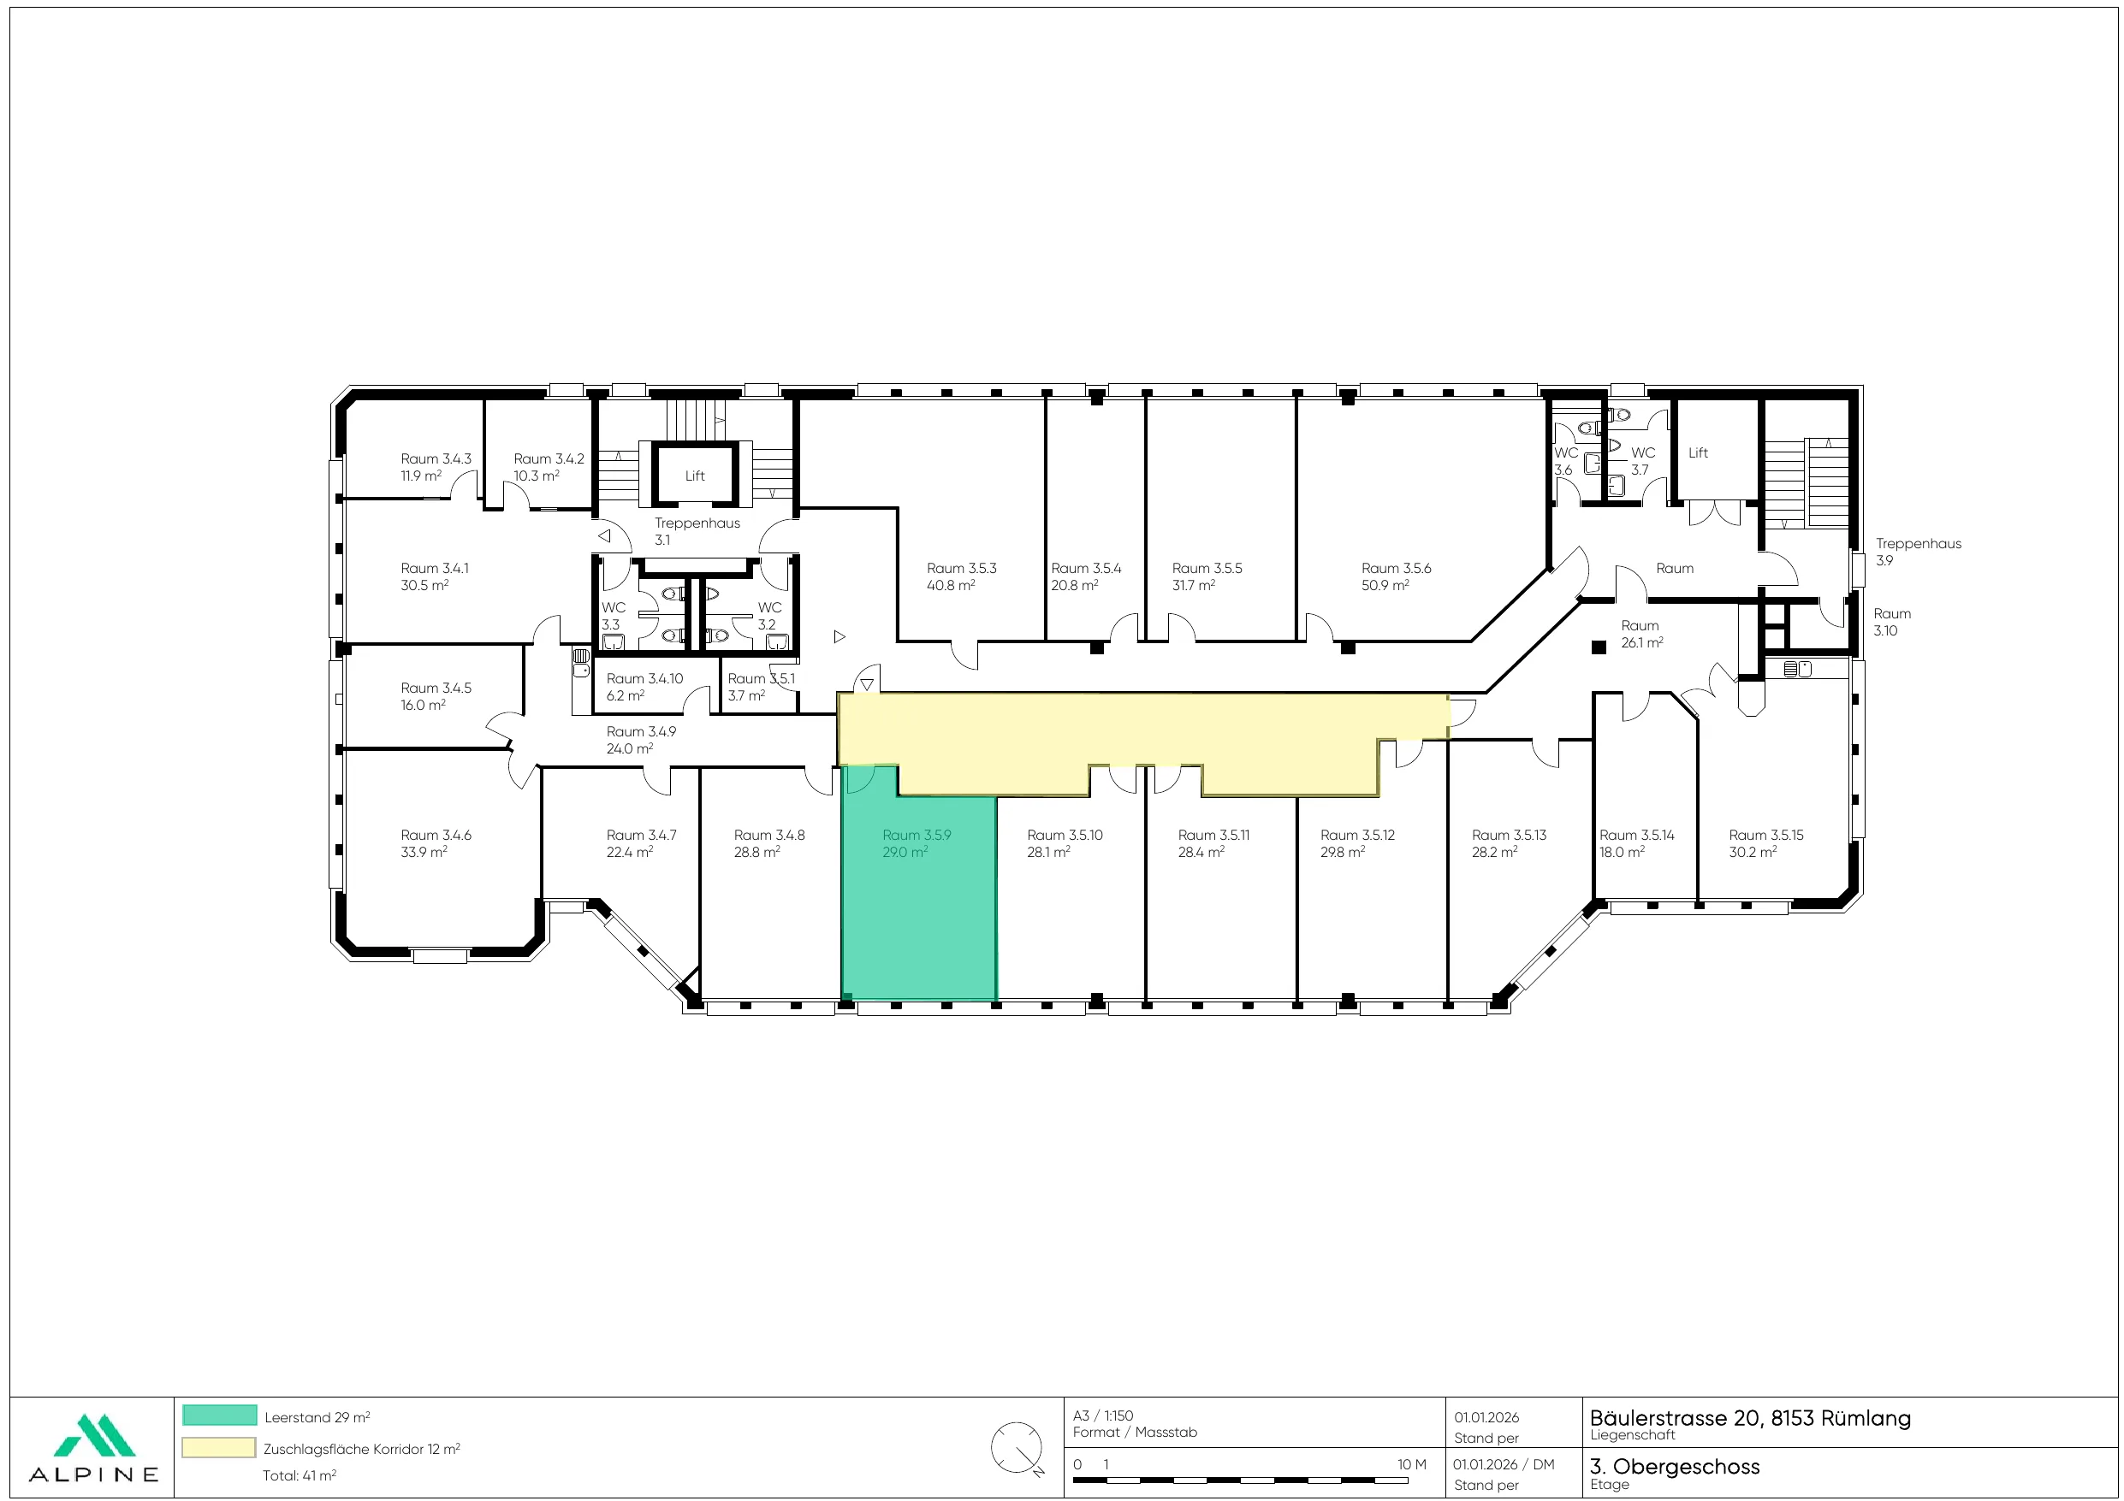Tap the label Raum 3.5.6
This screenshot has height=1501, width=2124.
tap(1396, 568)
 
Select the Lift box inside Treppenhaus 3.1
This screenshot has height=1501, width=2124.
tap(695, 476)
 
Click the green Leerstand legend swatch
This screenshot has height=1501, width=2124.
tap(219, 1415)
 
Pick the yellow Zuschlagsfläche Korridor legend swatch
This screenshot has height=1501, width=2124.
tap(219, 1447)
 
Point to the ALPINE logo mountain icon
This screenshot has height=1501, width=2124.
tap(94, 1434)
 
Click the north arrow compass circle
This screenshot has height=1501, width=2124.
tap(1017, 1447)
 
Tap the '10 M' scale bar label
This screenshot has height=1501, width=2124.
tap(1412, 1464)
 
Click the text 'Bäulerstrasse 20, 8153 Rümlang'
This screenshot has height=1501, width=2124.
tap(1750, 1418)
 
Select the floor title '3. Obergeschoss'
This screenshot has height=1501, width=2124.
tap(1675, 1466)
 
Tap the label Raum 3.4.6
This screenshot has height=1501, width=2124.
tap(436, 835)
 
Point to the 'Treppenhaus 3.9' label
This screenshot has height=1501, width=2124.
tap(1919, 551)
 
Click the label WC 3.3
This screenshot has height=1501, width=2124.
tap(613, 616)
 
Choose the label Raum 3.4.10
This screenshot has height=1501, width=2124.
tap(644, 679)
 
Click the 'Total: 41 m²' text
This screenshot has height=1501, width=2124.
tap(299, 1475)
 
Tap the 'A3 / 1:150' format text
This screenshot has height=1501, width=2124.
tap(1103, 1415)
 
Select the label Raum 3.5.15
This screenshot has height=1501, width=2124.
tap(1766, 835)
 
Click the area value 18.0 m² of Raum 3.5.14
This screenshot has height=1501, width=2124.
tap(1622, 852)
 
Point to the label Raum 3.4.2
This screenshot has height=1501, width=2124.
tap(549, 458)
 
